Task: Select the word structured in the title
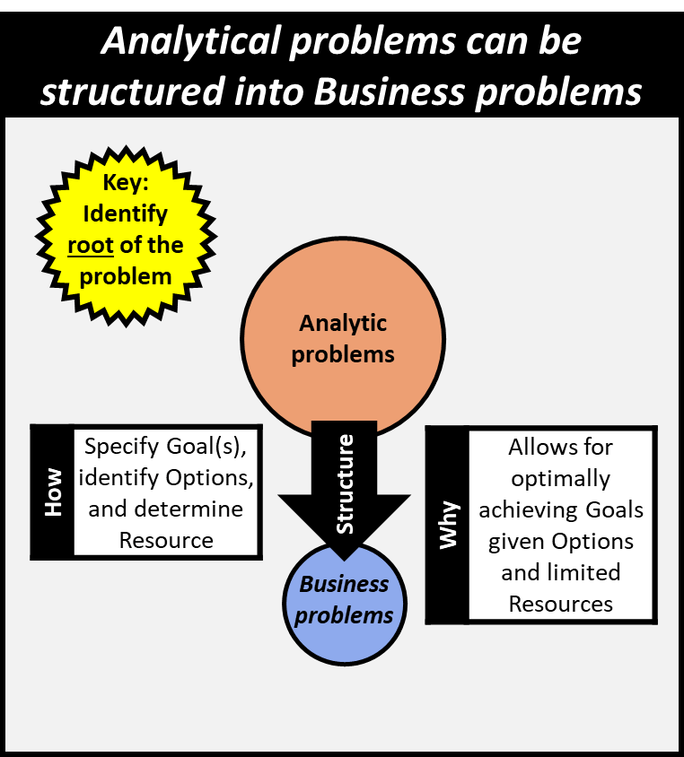tap(115, 91)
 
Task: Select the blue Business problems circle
tap(346, 599)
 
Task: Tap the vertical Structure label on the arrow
tap(345, 484)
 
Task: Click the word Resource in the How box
tap(166, 540)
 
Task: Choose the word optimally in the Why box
tap(560, 478)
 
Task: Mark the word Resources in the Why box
tap(560, 604)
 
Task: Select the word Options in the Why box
tap(592, 541)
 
